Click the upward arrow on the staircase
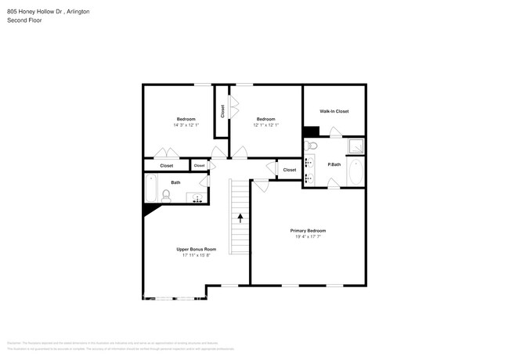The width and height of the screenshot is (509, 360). pyautogui.click(x=240, y=218)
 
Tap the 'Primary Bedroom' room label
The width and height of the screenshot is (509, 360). pyautogui.click(x=308, y=231)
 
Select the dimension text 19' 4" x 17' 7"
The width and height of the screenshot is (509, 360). pyautogui.click(x=308, y=237)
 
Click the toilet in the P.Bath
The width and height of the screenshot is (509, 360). pyautogui.click(x=312, y=146)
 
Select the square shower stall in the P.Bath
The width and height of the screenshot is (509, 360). pyautogui.click(x=357, y=146)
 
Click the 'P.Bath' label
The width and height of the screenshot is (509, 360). pyautogui.click(x=334, y=164)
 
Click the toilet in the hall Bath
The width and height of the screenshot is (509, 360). pyautogui.click(x=167, y=195)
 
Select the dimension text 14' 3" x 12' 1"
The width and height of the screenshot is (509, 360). pyautogui.click(x=186, y=125)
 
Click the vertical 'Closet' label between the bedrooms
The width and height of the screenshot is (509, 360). pyautogui.click(x=222, y=111)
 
